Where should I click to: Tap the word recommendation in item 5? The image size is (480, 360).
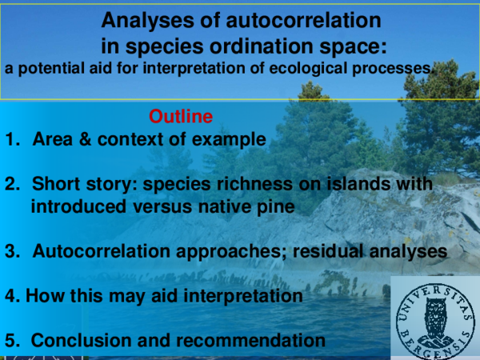pyautogui.click(x=250, y=340)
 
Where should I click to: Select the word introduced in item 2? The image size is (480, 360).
pyautogui.click(x=80, y=207)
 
